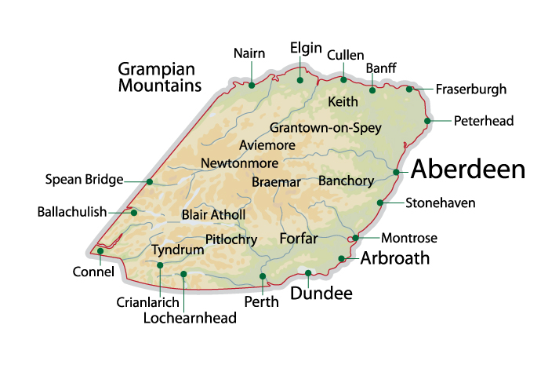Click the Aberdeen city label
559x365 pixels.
[468, 170]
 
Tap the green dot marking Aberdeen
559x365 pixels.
[397, 172]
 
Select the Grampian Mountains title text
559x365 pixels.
[160, 76]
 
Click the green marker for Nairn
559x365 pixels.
[252, 85]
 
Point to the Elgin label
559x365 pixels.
[306, 48]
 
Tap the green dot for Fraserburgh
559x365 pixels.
[409, 89]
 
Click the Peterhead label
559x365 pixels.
[484, 121]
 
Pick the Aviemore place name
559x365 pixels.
[267, 146]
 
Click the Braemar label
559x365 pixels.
[277, 181]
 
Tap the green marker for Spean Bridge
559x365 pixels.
[150, 181]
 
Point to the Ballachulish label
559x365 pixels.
[72, 212]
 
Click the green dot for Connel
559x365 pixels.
[100, 251]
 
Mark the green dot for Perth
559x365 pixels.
[263, 276]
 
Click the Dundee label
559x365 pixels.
[321, 294]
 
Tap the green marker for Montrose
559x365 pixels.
[356, 238]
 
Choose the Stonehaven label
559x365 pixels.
[441, 203]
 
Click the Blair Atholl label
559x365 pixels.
[213, 215]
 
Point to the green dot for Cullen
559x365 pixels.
[343, 79]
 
